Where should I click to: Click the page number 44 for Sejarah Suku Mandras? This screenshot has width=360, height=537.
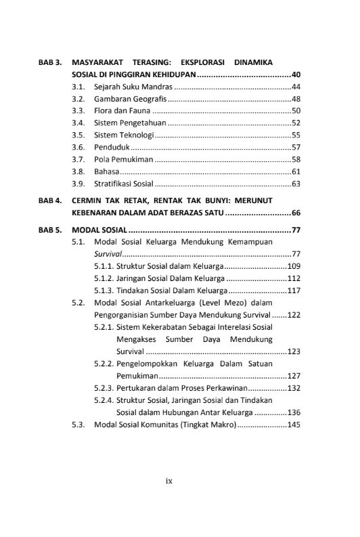pos(296,87)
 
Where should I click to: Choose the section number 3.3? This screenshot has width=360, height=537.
pos(78,110)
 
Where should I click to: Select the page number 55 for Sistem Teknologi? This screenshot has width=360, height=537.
pos(296,135)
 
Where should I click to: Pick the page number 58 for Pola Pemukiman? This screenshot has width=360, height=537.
pos(296,159)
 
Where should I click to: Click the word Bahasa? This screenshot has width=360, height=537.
pos(107,171)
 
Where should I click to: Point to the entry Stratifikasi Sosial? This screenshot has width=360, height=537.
pos(124,184)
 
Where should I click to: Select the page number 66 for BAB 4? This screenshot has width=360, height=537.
pos(296,212)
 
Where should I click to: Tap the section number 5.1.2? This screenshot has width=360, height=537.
pos(104,278)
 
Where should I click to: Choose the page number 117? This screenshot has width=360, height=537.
pos(294,290)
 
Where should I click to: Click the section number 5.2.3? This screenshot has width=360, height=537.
pos(104,388)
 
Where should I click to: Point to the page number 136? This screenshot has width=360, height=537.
pos(294,412)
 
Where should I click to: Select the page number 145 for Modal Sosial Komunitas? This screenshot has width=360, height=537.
pos(294,425)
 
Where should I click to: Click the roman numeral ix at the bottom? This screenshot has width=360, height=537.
pos(169,481)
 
